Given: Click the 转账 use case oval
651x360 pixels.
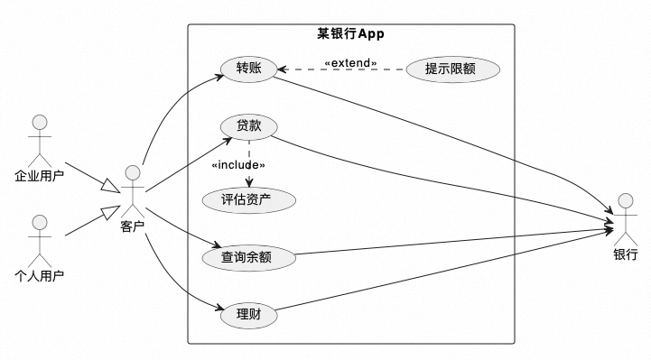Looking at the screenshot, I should click(x=249, y=69).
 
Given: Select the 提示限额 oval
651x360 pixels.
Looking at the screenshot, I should click(x=452, y=69).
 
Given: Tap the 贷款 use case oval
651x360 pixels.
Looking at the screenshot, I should click(x=249, y=126).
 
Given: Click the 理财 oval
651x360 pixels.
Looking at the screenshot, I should click(x=248, y=316).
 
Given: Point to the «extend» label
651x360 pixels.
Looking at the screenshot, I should click(x=350, y=64).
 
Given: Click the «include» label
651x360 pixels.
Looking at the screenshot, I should click(x=237, y=165).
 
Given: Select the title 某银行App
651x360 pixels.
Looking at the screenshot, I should click(x=351, y=34).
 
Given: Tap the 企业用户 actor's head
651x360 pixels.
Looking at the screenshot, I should click(x=39, y=123).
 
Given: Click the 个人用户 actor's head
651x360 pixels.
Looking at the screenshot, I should click(x=39, y=222).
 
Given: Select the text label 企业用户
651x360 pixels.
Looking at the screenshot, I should click(x=39, y=176).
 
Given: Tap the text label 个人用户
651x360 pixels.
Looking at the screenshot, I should click(x=39, y=275).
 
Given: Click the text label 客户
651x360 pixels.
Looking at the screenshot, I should click(x=133, y=226).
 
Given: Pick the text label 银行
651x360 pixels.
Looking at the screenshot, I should click(x=625, y=254).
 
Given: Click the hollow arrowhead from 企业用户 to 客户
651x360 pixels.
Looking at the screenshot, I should click(x=110, y=187).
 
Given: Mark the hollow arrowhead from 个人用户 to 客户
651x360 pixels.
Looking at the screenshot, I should click(x=110, y=214).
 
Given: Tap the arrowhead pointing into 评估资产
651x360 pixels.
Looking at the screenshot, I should click(x=247, y=183).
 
